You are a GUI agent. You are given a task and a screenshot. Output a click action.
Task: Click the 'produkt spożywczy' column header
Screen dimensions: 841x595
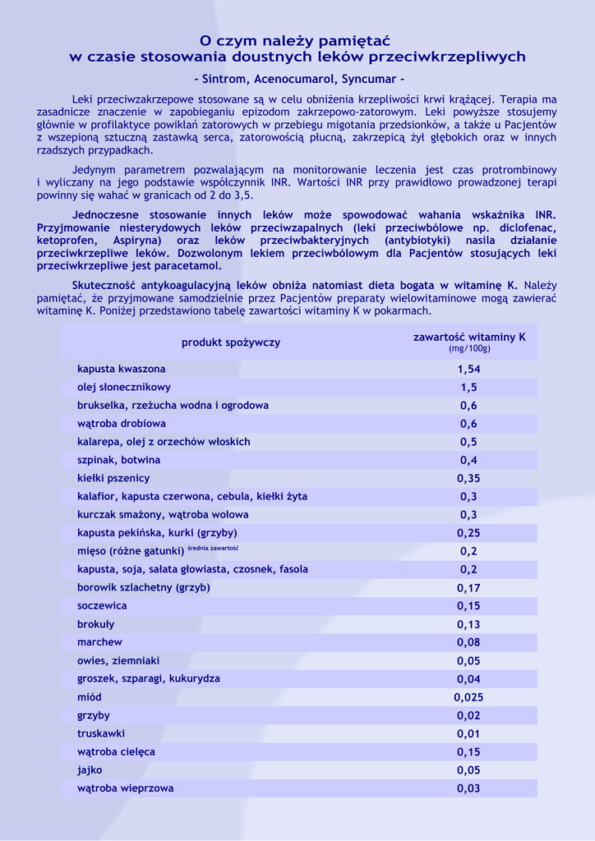pos(231,342)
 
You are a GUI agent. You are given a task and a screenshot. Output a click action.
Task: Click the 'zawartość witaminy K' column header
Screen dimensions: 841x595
pos(469,337)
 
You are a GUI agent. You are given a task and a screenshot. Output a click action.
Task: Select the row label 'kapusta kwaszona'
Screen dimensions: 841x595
pos(121,370)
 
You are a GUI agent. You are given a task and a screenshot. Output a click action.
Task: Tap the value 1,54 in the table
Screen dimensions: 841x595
pos(469,370)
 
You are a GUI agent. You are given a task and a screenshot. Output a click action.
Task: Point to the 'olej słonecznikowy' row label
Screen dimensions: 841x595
pos(124,388)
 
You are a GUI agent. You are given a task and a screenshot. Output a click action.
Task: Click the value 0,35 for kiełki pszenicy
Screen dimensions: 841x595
pos(469,479)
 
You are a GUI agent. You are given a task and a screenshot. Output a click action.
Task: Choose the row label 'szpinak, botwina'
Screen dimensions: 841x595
pos(119,460)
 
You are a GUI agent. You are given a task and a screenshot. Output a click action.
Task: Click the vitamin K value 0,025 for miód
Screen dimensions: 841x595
pos(469,697)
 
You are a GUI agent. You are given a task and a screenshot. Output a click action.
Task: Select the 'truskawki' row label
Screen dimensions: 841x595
pos(101,733)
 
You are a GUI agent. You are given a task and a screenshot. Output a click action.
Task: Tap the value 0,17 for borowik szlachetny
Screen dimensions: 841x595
pos(469,588)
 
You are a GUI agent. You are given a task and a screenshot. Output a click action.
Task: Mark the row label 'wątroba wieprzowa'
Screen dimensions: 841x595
pos(125,788)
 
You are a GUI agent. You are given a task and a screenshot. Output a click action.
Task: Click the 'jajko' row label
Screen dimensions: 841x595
pos(90,770)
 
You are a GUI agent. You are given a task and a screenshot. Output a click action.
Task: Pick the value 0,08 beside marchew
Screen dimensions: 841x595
pos(469,642)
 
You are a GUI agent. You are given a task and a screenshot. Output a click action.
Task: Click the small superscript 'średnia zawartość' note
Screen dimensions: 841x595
pos(213,548)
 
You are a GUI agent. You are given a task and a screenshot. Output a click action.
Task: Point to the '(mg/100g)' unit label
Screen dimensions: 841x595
pos(469,349)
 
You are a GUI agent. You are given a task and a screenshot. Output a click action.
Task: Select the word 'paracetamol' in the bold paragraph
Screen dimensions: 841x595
pos(190,266)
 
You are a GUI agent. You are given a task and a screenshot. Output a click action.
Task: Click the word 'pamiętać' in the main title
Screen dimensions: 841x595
pos(355,40)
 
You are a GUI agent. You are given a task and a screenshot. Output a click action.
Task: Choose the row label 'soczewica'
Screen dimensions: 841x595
pos(102,606)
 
